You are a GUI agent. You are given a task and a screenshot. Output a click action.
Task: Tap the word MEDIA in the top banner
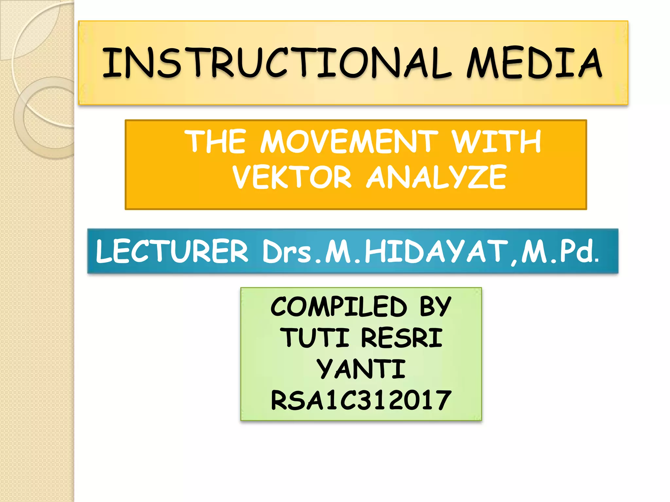click(x=534, y=63)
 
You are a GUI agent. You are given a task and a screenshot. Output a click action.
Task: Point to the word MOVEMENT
click(x=349, y=142)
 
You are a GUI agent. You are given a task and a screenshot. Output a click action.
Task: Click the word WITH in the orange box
click(x=496, y=142)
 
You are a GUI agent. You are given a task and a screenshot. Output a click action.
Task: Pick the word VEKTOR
click(x=292, y=177)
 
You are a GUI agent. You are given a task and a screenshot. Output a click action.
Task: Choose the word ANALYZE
click(x=436, y=177)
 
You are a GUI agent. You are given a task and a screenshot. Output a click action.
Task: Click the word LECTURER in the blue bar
click(x=172, y=251)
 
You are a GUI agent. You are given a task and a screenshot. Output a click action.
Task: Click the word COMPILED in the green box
click(x=339, y=307)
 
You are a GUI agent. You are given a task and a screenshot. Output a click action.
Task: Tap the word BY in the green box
click(x=435, y=307)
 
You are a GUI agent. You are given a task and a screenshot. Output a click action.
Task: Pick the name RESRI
click(x=401, y=338)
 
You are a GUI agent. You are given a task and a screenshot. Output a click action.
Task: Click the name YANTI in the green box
click(x=361, y=369)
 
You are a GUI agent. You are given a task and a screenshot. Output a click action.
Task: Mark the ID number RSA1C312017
click(x=361, y=400)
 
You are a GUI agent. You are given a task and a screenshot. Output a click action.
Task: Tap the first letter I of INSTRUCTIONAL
click(x=110, y=63)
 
